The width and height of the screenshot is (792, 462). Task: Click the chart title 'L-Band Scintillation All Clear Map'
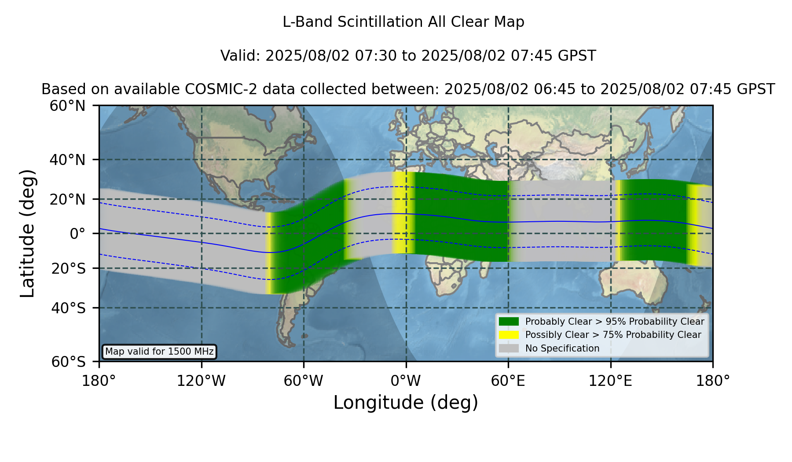pyautogui.click(x=403, y=22)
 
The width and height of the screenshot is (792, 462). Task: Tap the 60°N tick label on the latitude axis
pyautogui.click(x=67, y=106)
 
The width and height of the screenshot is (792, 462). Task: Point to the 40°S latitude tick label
pyautogui.click(x=68, y=308)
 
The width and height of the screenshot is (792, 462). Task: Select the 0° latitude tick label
pyautogui.click(x=77, y=234)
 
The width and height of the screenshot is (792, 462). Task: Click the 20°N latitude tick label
pyautogui.click(x=67, y=199)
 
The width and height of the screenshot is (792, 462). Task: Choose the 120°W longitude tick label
pyautogui.click(x=201, y=381)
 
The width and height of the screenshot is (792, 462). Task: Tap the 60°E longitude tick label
pyautogui.click(x=508, y=381)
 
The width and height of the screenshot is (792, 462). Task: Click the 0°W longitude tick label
pyautogui.click(x=406, y=381)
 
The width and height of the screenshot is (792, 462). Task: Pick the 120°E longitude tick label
pyautogui.click(x=610, y=381)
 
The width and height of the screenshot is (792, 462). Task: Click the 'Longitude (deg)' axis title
pyautogui.click(x=406, y=403)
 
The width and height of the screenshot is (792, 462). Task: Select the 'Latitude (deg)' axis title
pyautogui.click(x=27, y=233)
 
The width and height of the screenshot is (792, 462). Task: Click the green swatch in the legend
pyautogui.click(x=509, y=321)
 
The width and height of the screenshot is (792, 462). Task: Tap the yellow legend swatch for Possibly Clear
pyautogui.click(x=509, y=335)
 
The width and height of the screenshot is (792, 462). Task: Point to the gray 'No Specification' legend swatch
pyautogui.click(x=509, y=348)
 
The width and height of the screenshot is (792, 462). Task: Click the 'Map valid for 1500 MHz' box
pyautogui.click(x=159, y=352)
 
